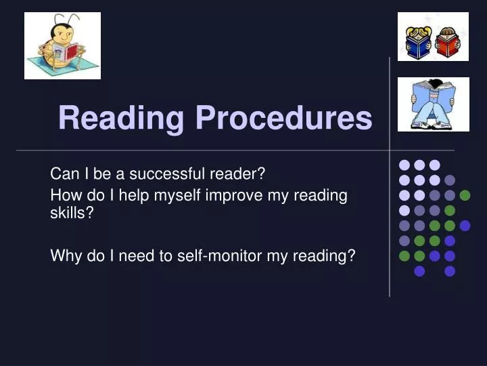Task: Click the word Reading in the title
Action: pyautogui.click(x=121, y=118)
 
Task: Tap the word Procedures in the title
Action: pyautogui.click(x=284, y=117)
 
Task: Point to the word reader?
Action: pyautogui.click(x=237, y=174)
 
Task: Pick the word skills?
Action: pyautogui.click(x=72, y=213)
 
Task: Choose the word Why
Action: pyautogui.click(x=66, y=256)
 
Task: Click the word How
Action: pyautogui.click(x=66, y=195)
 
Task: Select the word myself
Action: pyautogui.click(x=177, y=196)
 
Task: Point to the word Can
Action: pyautogui.click(x=65, y=174)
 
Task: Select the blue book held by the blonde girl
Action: pyautogui.click(x=418, y=46)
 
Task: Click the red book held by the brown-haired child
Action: pyautogui.click(x=447, y=46)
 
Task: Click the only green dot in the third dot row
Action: pyautogui.click(x=465, y=195)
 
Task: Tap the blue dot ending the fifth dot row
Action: pyautogui.click(x=465, y=226)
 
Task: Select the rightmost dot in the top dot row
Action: pyautogui.click(x=435, y=165)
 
